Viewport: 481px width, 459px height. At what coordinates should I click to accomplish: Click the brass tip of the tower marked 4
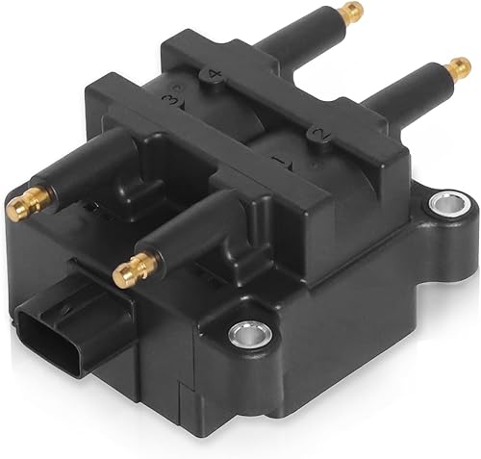(x=352, y=13)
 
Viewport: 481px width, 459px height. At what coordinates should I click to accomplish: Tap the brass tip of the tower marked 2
(x=459, y=68)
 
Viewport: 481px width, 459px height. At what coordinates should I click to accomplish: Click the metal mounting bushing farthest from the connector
(x=445, y=203)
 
